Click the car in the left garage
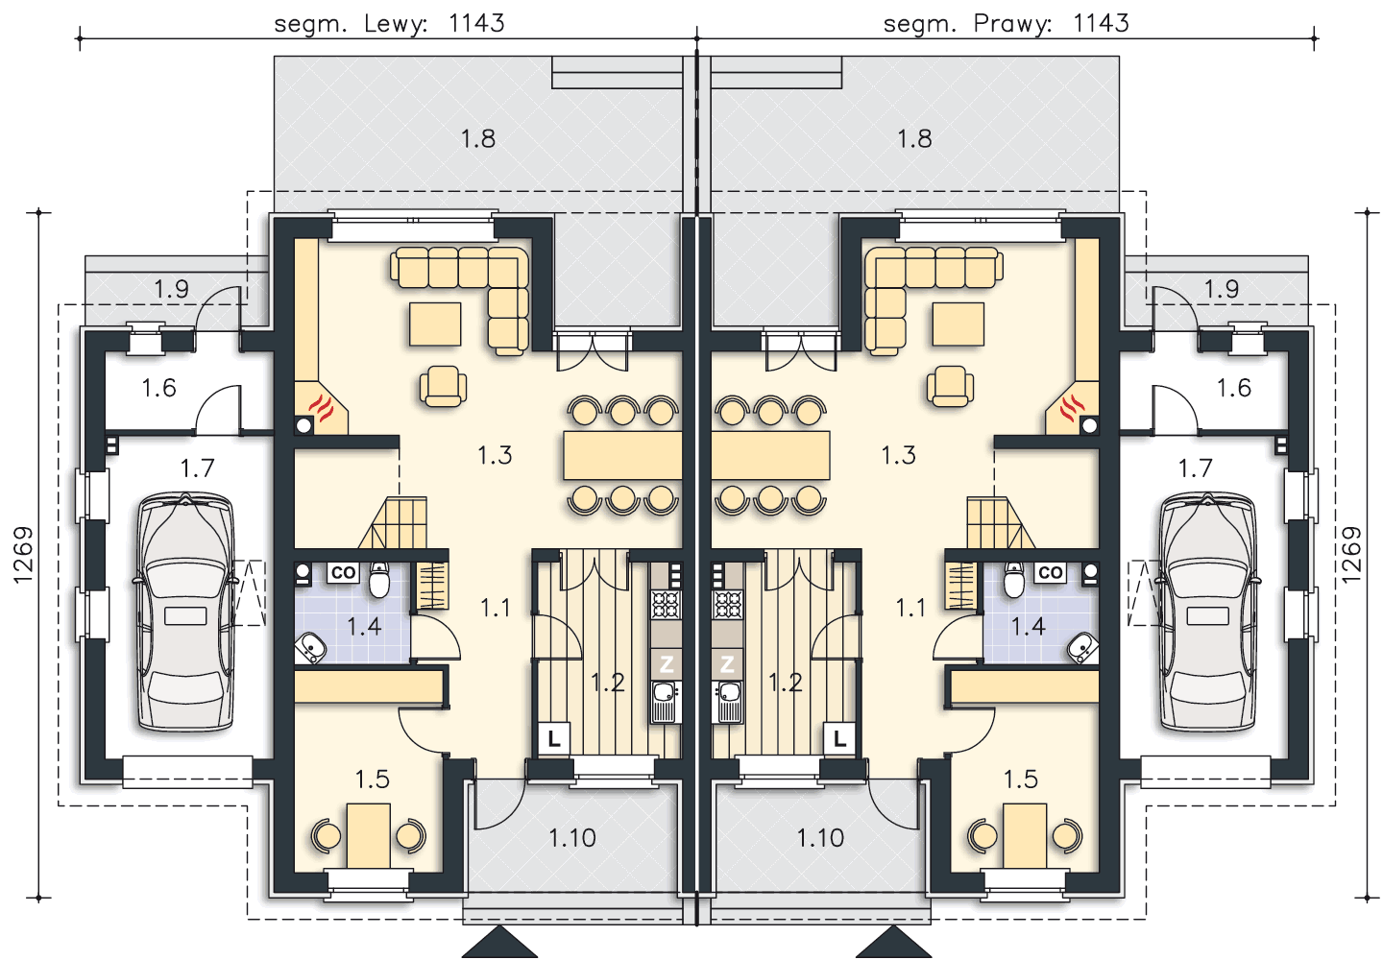click(185, 612)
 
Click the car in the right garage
click(1207, 612)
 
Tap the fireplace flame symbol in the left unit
click(321, 408)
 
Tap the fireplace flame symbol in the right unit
click(1073, 408)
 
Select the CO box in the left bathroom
click(343, 572)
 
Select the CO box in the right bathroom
click(1051, 572)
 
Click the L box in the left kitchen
click(554, 738)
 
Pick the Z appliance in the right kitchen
click(727, 664)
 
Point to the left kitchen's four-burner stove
click(666, 605)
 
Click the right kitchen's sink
click(727, 702)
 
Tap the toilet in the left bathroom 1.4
click(379, 580)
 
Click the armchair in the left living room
click(444, 386)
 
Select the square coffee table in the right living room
click(958, 324)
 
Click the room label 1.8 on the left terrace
click(478, 139)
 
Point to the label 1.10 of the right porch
click(820, 838)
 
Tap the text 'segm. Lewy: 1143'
click(389, 23)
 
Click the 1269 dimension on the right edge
click(1351, 555)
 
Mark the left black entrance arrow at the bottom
click(499, 942)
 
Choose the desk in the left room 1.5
click(369, 836)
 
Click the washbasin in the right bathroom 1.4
click(1082, 648)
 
